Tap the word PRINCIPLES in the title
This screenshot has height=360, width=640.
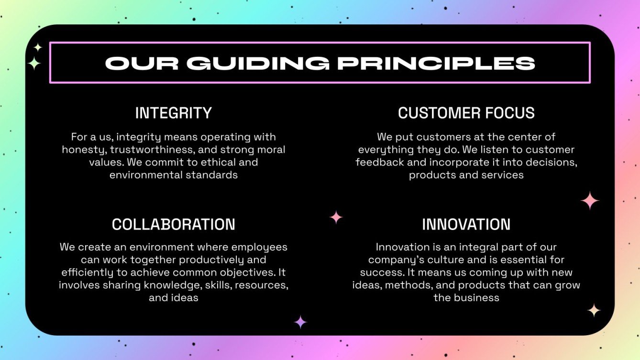436,63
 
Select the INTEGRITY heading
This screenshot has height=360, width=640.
173,113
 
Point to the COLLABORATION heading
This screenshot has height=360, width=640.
173,224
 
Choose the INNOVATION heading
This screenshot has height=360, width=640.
466,224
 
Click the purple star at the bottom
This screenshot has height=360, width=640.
300,322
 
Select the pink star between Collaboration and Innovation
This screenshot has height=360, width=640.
336,217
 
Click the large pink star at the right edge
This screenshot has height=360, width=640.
590,201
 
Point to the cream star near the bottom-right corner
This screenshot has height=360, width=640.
594,310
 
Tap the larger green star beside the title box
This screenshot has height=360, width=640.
34,63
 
